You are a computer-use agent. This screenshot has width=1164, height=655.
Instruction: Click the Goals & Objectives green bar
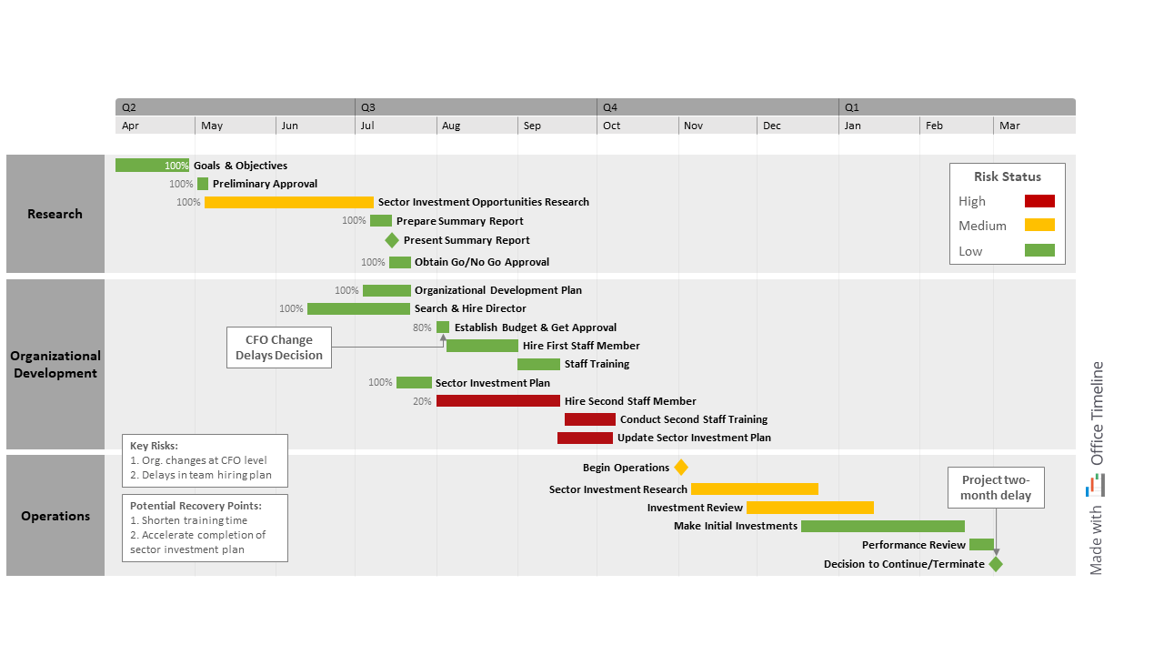tap(145, 166)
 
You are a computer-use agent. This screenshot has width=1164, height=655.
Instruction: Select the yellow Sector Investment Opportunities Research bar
tap(289, 202)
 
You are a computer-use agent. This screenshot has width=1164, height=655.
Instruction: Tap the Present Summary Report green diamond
tap(392, 240)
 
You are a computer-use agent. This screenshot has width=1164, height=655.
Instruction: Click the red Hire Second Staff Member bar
tap(498, 401)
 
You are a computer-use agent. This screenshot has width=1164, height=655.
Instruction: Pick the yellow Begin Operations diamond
tap(681, 468)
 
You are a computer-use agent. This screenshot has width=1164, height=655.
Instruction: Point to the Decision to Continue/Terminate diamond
tap(996, 564)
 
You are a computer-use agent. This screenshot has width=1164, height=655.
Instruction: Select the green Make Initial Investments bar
tap(883, 526)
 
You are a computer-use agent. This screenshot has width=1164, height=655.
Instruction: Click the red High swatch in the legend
tap(1039, 201)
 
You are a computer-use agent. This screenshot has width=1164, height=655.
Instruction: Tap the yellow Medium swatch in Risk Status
tap(1039, 226)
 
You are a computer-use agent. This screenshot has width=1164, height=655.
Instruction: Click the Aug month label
tap(451, 126)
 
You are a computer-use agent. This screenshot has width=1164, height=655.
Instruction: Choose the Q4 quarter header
tap(610, 107)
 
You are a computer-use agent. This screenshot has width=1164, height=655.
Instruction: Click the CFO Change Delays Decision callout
tap(279, 348)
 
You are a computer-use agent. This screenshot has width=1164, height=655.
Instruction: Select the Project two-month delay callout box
tap(997, 488)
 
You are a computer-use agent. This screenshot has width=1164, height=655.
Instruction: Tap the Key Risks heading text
tap(154, 446)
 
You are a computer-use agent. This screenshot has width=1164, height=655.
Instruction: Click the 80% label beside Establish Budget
tap(422, 327)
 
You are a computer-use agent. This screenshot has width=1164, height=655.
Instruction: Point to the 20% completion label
tap(422, 401)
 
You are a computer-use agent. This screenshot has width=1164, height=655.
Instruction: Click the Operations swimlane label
tap(55, 516)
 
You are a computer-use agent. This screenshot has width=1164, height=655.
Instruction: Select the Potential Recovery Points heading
tap(196, 506)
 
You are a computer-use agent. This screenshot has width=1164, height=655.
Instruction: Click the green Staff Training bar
tap(538, 364)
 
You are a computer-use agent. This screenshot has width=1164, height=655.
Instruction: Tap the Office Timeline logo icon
tap(1096, 486)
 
